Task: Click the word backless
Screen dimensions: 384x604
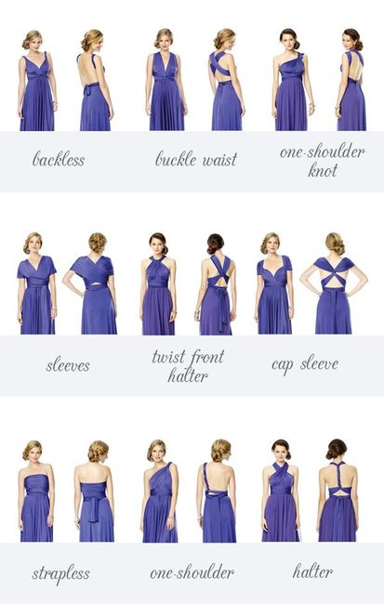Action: [59, 159]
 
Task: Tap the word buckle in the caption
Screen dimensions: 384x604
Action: [176, 159]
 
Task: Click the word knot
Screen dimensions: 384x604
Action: [323, 170]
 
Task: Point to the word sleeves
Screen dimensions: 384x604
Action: [68, 365]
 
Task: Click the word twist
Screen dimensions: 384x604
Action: [168, 357]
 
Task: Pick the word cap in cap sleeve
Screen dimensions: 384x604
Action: [283, 365]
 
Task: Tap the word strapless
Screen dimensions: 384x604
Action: [60, 573]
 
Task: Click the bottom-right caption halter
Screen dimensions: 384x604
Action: [312, 571]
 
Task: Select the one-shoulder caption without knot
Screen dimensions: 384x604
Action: [192, 572]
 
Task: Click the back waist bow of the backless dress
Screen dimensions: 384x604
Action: [90, 87]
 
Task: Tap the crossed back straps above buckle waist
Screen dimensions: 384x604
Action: [219, 64]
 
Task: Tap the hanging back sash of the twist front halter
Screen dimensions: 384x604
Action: [224, 311]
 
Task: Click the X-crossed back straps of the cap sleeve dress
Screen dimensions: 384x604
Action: [334, 274]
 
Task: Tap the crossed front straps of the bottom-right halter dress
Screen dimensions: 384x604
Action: [281, 473]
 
